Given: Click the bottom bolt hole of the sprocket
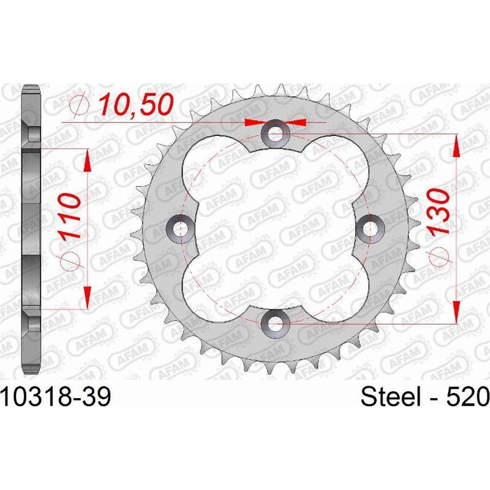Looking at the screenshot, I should coord(275,323).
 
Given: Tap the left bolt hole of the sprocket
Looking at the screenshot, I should coord(180,228).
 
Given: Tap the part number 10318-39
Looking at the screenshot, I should coord(56,398).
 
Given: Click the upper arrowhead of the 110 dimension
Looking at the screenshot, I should coord(88,160).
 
